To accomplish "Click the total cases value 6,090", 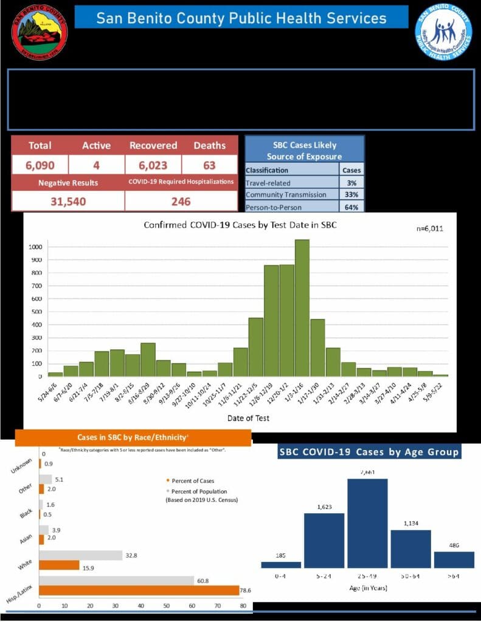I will pyautogui.click(x=40, y=165).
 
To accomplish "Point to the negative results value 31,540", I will pyautogui.click(x=67, y=201).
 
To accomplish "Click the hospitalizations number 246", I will pyautogui.click(x=181, y=201).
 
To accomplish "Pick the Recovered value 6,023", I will pyautogui.click(x=153, y=165).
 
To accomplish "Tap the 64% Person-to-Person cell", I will pyautogui.click(x=351, y=207).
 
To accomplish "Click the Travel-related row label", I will pyautogui.click(x=268, y=182).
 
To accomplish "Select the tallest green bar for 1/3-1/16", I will pyautogui.click(x=302, y=308).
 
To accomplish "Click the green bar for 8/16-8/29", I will pyautogui.click(x=148, y=360).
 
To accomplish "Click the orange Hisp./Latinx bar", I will pyautogui.click(x=139, y=590).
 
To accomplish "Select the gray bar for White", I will pyautogui.click(x=81, y=555).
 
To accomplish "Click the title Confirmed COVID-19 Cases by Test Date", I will pyautogui.click(x=240, y=225).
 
